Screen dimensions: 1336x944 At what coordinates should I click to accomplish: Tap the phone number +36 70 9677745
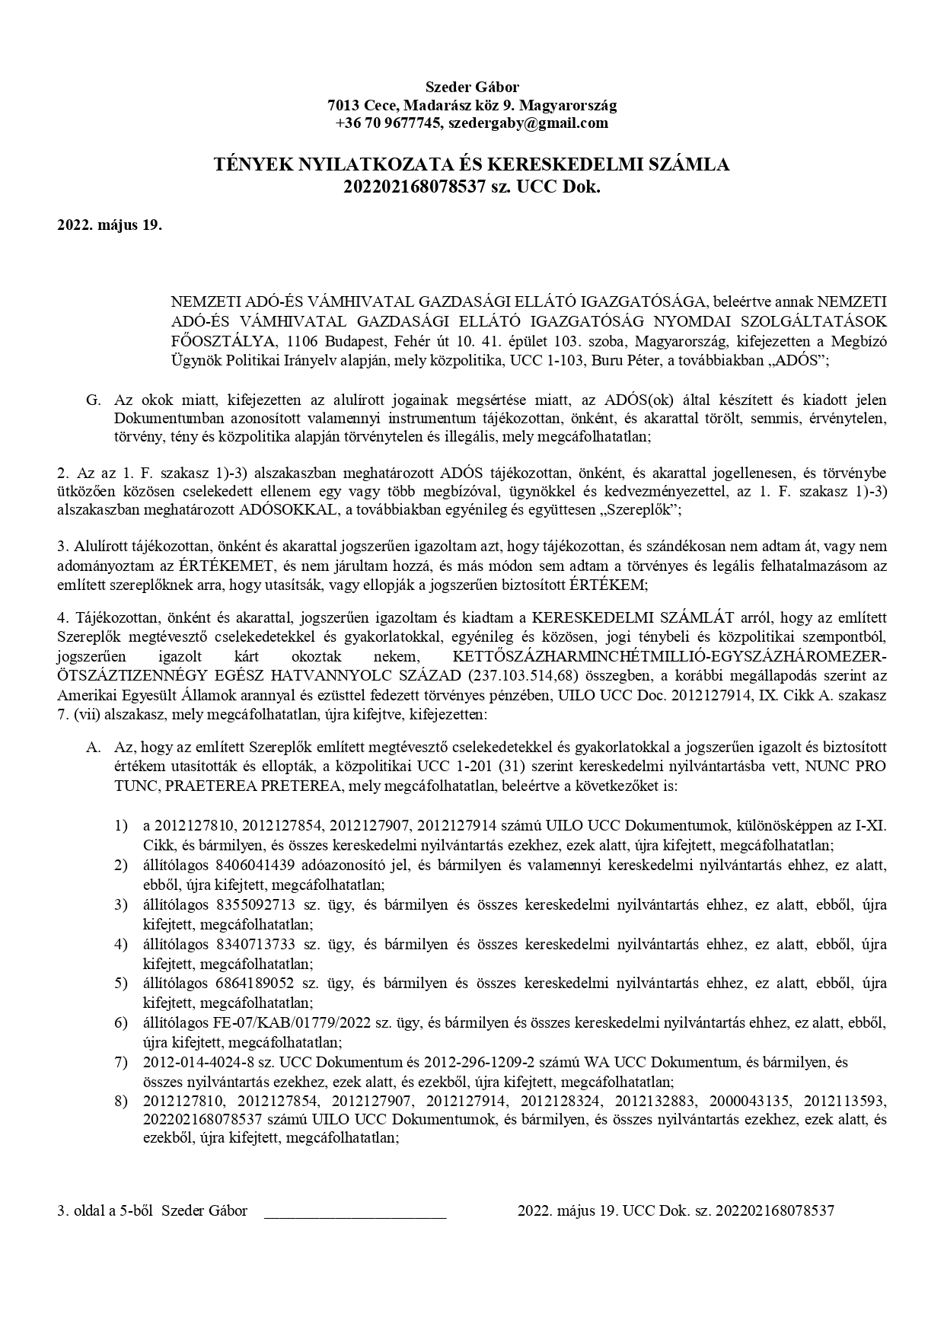[x=388, y=123]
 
